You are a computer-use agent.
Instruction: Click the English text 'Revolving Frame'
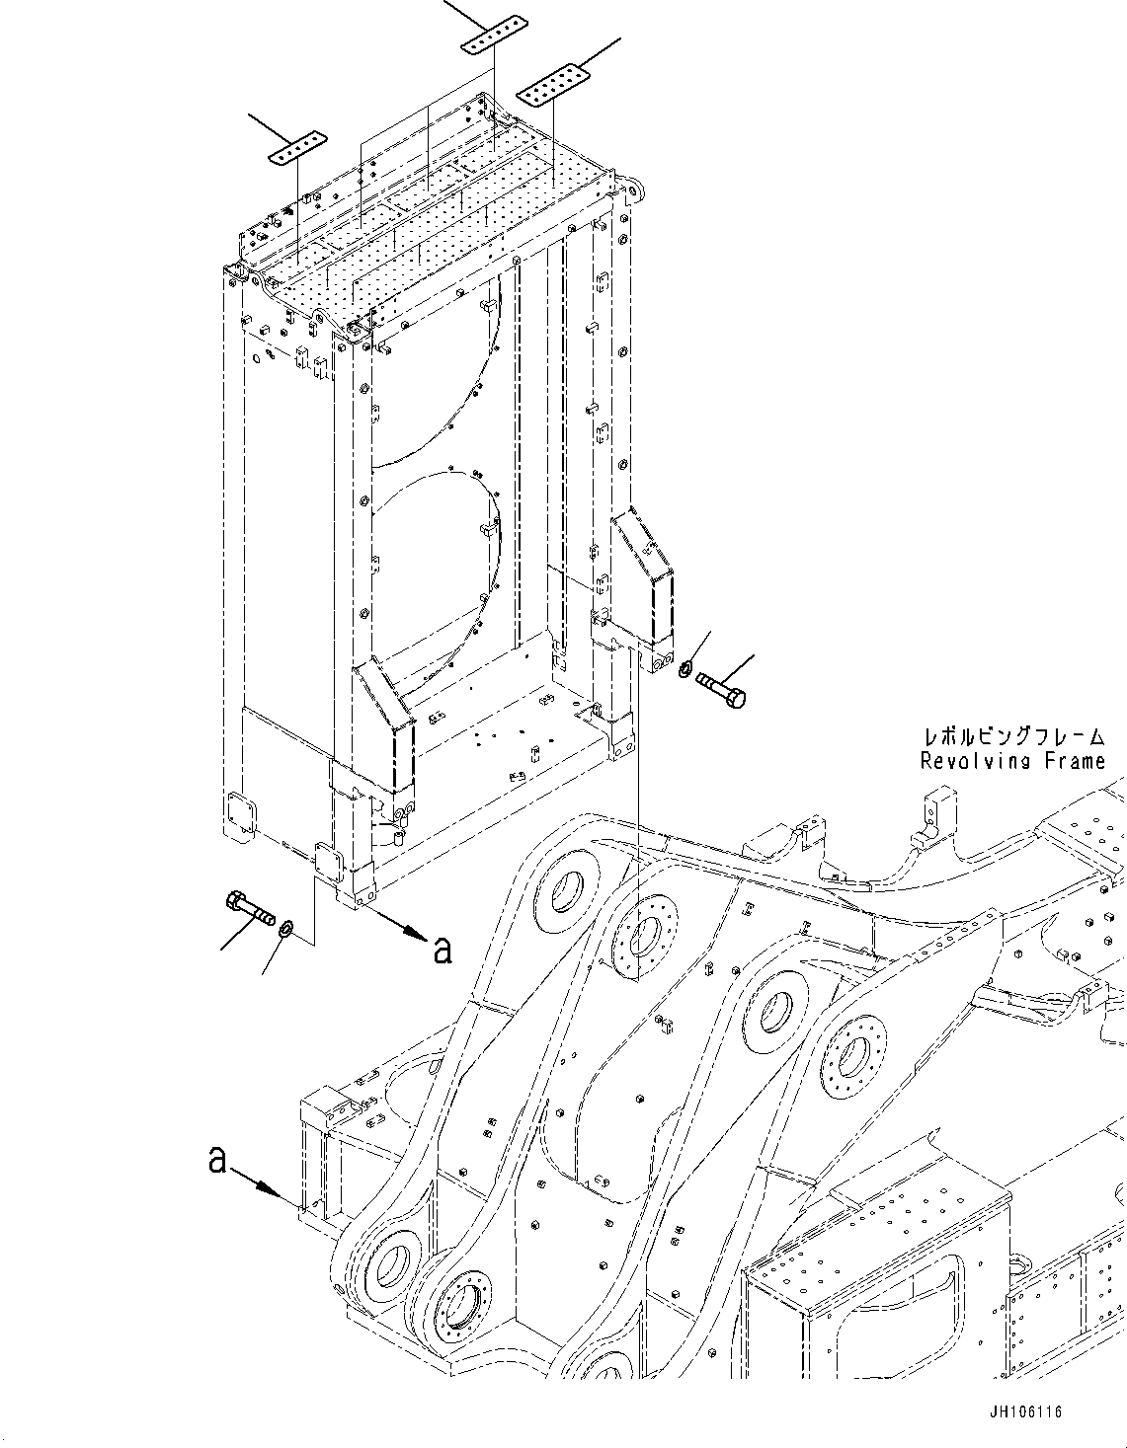[x=1012, y=761]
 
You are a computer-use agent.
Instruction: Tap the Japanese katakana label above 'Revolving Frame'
[x=1012, y=736]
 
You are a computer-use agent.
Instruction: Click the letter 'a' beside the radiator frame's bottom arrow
[x=443, y=950]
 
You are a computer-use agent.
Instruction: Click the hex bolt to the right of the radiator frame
[x=721, y=688]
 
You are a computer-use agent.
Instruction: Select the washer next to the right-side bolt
[x=684, y=671]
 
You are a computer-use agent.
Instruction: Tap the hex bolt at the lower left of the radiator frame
[x=250, y=907]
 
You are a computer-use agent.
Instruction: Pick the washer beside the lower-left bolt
[x=285, y=928]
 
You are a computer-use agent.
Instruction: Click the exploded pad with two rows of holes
[x=553, y=86]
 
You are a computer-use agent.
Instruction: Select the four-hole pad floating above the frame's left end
[x=296, y=147]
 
